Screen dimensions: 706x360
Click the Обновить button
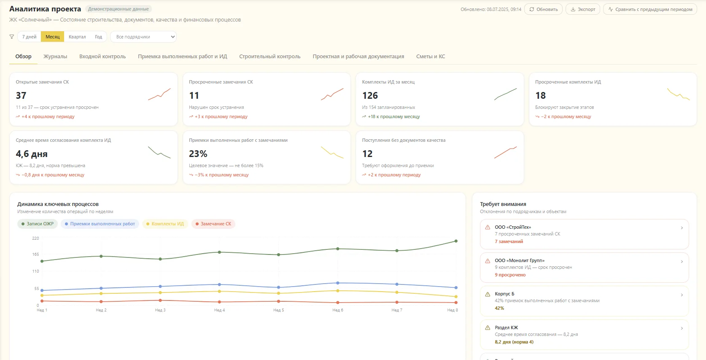(x=543, y=9)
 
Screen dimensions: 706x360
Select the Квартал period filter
(x=77, y=37)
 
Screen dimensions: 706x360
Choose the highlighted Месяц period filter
(x=52, y=37)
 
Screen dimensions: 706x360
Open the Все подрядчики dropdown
(x=143, y=37)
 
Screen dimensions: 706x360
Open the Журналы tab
(x=55, y=57)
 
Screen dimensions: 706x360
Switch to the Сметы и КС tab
(x=431, y=57)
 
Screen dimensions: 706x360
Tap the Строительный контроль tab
(x=270, y=57)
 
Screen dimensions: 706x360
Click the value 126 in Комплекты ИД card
(x=370, y=95)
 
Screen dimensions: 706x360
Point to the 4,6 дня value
(x=32, y=154)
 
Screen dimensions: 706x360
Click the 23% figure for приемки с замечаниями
(x=198, y=154)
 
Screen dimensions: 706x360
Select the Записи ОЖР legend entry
(x=37, y=224)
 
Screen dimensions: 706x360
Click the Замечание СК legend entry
(x=213, y=224)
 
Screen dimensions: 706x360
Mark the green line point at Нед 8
(x=456, y=241)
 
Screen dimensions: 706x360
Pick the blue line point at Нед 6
(x=337, y=283)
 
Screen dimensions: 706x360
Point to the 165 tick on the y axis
(x=35, y=254)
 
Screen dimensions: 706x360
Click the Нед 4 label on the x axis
(x=219, y=310)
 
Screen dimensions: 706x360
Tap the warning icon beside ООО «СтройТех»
(x=488, y=227)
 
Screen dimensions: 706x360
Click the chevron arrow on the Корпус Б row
(x=682, y=295)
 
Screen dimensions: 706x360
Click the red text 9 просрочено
(x=510, y=275)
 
